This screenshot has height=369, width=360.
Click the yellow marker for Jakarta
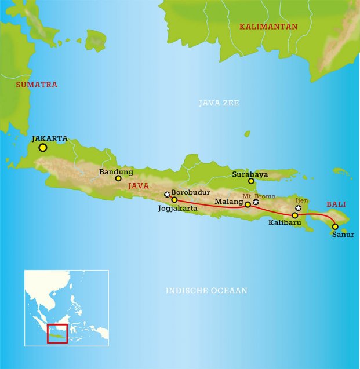[x=42, y=148]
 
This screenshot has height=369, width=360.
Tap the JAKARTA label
[x=50, y=138]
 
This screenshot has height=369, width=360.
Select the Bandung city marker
[x=118, y=178]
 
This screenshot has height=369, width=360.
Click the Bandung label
[x=116, y=171]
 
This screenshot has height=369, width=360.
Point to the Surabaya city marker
[x=251, y=181]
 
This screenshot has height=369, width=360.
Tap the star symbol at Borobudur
[x=167, y=195]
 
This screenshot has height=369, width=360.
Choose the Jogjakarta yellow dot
[x=174, y=200]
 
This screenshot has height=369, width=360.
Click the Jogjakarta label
[x=178, y=209]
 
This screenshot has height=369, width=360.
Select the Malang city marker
[x=248, y=204]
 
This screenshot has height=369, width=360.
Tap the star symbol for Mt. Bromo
[x=256, y=202]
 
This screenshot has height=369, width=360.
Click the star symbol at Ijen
[x=299, y=208]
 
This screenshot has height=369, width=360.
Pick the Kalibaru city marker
[x=294, y=215]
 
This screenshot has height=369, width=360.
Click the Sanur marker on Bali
[x=335, y=226]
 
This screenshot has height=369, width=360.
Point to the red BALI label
[x=336, y=204]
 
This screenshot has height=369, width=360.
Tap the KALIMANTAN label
[x=268, y=27]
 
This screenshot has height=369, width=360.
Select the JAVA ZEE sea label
[x=219, y=103]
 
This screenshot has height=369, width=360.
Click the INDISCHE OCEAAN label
[x=206, y=291]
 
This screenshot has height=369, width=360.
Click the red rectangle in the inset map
[x=57, y=334]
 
